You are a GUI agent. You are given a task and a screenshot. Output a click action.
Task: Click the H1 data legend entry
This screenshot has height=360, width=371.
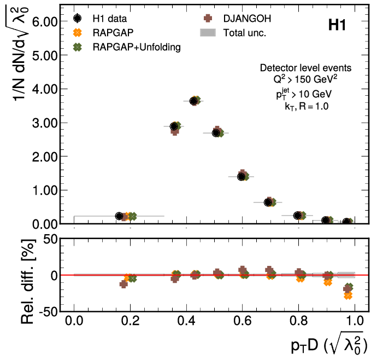point(105,19)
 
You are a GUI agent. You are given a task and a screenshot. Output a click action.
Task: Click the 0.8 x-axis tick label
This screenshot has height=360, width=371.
point(298,320)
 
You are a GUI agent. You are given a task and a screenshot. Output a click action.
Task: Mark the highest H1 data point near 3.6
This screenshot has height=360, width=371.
point(194,101)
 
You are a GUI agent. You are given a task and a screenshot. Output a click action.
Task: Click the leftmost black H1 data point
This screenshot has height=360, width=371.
point(119,216)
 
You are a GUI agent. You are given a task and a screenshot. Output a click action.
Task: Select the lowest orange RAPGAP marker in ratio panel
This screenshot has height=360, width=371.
point(348,295)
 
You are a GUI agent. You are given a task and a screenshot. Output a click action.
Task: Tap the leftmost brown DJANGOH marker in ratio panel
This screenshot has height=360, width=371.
point(123,284)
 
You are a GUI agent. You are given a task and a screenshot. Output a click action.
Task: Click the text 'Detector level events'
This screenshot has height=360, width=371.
point(305,68)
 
